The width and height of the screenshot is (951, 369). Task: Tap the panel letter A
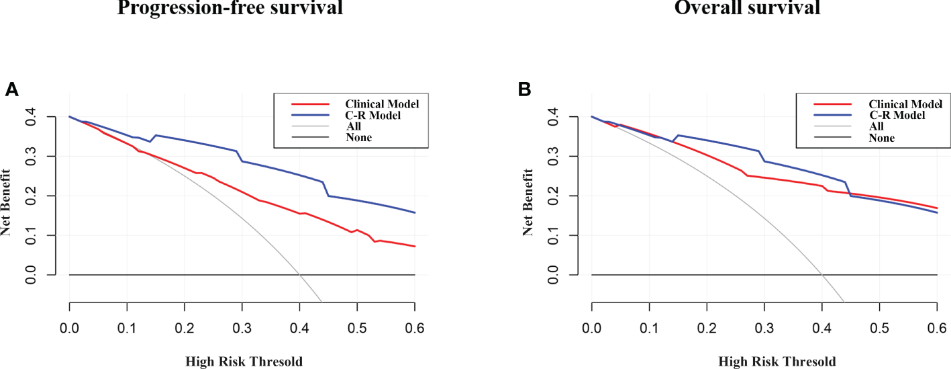[x=11, y=89]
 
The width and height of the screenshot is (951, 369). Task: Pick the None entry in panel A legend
[x=359, y=138]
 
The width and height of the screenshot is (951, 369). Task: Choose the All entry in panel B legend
[x=877, y=126]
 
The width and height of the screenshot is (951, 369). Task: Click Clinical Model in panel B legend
[x=905, y=104]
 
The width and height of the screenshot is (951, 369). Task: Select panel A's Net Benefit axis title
[x=6, y=196]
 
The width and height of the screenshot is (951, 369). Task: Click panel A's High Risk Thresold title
[x=243, y=362]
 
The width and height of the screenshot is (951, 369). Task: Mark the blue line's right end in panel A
[x=415, y=212]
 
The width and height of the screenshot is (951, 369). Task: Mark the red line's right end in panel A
[x=415, y=246]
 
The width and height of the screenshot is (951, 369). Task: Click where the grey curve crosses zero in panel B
[x=821, y=274]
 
